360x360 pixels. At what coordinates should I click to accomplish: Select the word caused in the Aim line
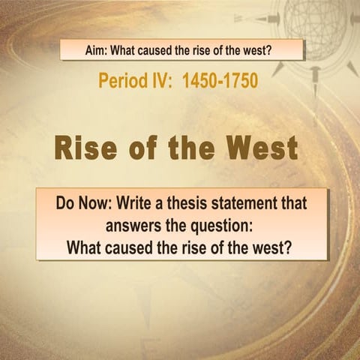[x=157, y=50]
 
